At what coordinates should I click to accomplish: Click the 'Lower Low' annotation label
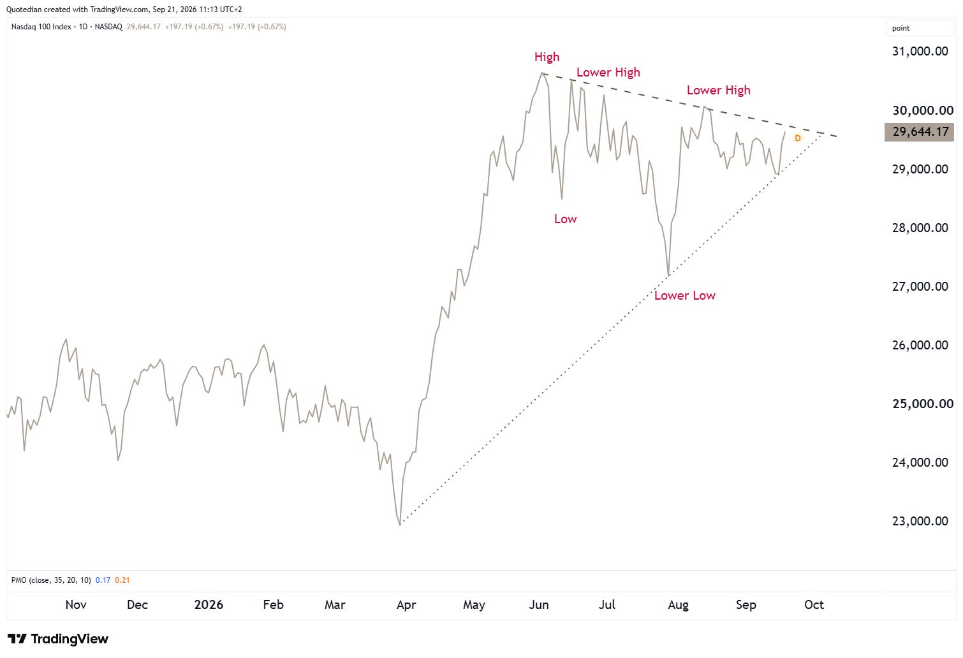[x=684, y=296]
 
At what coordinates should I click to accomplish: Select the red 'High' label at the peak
[x=547, y=57]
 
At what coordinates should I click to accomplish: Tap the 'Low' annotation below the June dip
[x=565, y=219]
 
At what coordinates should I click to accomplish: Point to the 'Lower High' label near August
[x=718, y=91]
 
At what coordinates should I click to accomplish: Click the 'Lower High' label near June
[x=608, y=72]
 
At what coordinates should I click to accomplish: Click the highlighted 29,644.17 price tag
[x=919, y=132]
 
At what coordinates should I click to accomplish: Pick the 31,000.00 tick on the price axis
[x=920, y=51]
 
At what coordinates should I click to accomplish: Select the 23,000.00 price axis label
[x=920, y=521]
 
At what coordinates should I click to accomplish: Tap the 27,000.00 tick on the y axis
[x=920, y=286]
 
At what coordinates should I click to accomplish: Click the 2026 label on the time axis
[x=209, y=604]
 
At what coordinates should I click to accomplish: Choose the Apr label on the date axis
[x=406, y=605]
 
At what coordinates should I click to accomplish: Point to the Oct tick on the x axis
[x=814, y=604]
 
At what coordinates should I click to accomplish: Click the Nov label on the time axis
[x=76, y=604]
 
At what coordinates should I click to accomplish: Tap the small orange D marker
[x=797, y=138]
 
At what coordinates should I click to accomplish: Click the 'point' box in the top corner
[x=920, y=28]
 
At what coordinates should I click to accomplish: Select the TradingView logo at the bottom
[x=57, y=639]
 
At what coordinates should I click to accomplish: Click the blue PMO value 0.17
[x=103, y=580]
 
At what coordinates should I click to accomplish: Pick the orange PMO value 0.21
[x=122, y=580]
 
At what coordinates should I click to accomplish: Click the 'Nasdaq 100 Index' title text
[x=41, y=27]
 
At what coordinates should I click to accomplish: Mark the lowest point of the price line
[x=400, y=525]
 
